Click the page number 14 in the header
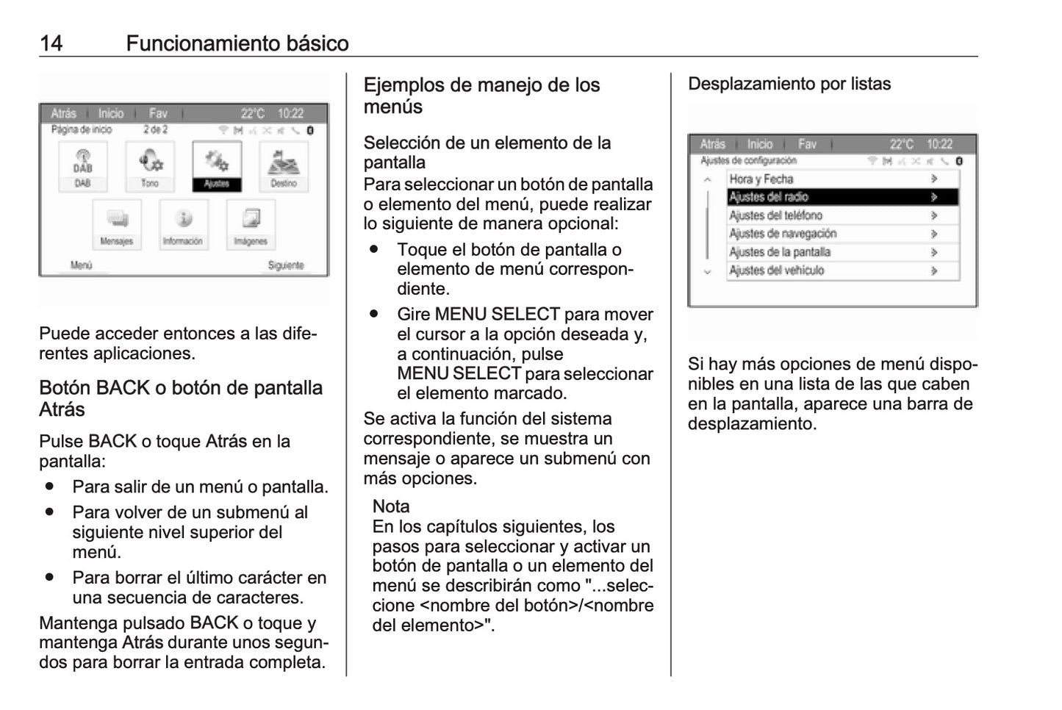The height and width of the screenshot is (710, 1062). tap(51, 43)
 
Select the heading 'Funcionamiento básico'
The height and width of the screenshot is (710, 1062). tap(237, 43)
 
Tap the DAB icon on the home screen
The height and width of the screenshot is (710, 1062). tap(83, 165)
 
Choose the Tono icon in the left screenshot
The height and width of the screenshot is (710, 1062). tap(150, 165)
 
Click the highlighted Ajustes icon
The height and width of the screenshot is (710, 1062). tap(217, 165)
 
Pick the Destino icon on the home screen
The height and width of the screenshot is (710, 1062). tap(284, 165)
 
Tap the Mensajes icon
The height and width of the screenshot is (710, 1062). tap(117, 223)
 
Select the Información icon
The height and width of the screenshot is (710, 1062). tap(183, 223)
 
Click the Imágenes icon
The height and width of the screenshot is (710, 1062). tap(251, 223)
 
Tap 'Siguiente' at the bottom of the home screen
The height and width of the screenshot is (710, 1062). tap(286, 265)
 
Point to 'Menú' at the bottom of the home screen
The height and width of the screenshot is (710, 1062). tap(81, 265)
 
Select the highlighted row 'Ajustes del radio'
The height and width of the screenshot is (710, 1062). tap(842, 197)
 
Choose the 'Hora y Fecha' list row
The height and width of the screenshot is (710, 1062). tap(842, 179)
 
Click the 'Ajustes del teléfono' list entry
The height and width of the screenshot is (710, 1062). tap(842, 215)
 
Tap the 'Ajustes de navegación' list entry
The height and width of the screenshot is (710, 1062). tap(842, 234)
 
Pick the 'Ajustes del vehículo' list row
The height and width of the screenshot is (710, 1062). tap(842, 270)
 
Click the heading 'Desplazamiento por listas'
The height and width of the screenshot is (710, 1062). tap(789, 84)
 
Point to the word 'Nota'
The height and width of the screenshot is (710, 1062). tap(391, 506)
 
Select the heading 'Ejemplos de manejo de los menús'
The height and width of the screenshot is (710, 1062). tap(481, 96)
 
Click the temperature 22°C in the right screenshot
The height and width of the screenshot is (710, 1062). tap(902, 144)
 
